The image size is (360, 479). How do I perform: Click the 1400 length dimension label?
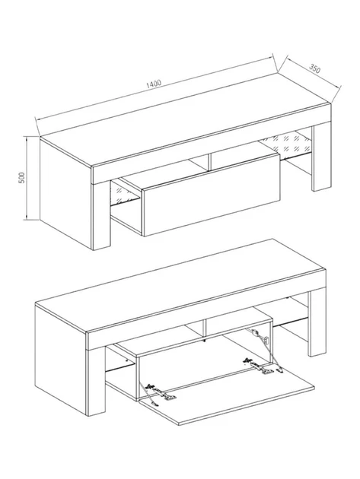click(153, 84)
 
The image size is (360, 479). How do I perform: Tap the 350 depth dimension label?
click(315, 68)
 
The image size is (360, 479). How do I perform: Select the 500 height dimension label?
click(21, 177)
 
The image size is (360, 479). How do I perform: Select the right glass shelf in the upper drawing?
click(286, 144)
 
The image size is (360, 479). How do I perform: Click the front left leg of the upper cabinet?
click(101, 215)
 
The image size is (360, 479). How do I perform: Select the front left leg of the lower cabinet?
click(97, 382)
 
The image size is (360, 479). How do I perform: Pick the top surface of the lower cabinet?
click(181, 286)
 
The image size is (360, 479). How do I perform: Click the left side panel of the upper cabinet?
click(66, 193)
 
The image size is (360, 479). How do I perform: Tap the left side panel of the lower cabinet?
click(61, 360)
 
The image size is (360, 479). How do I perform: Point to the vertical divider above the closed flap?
click(209, 161)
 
